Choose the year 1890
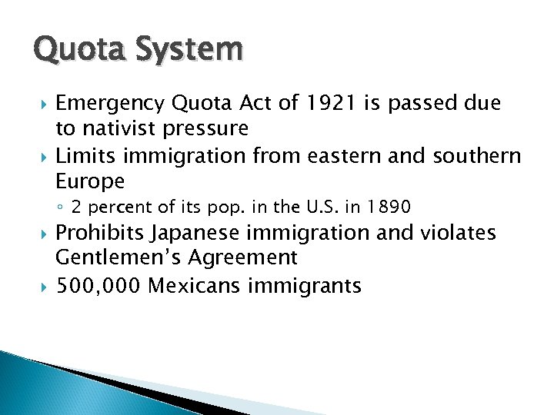[389, 207]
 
